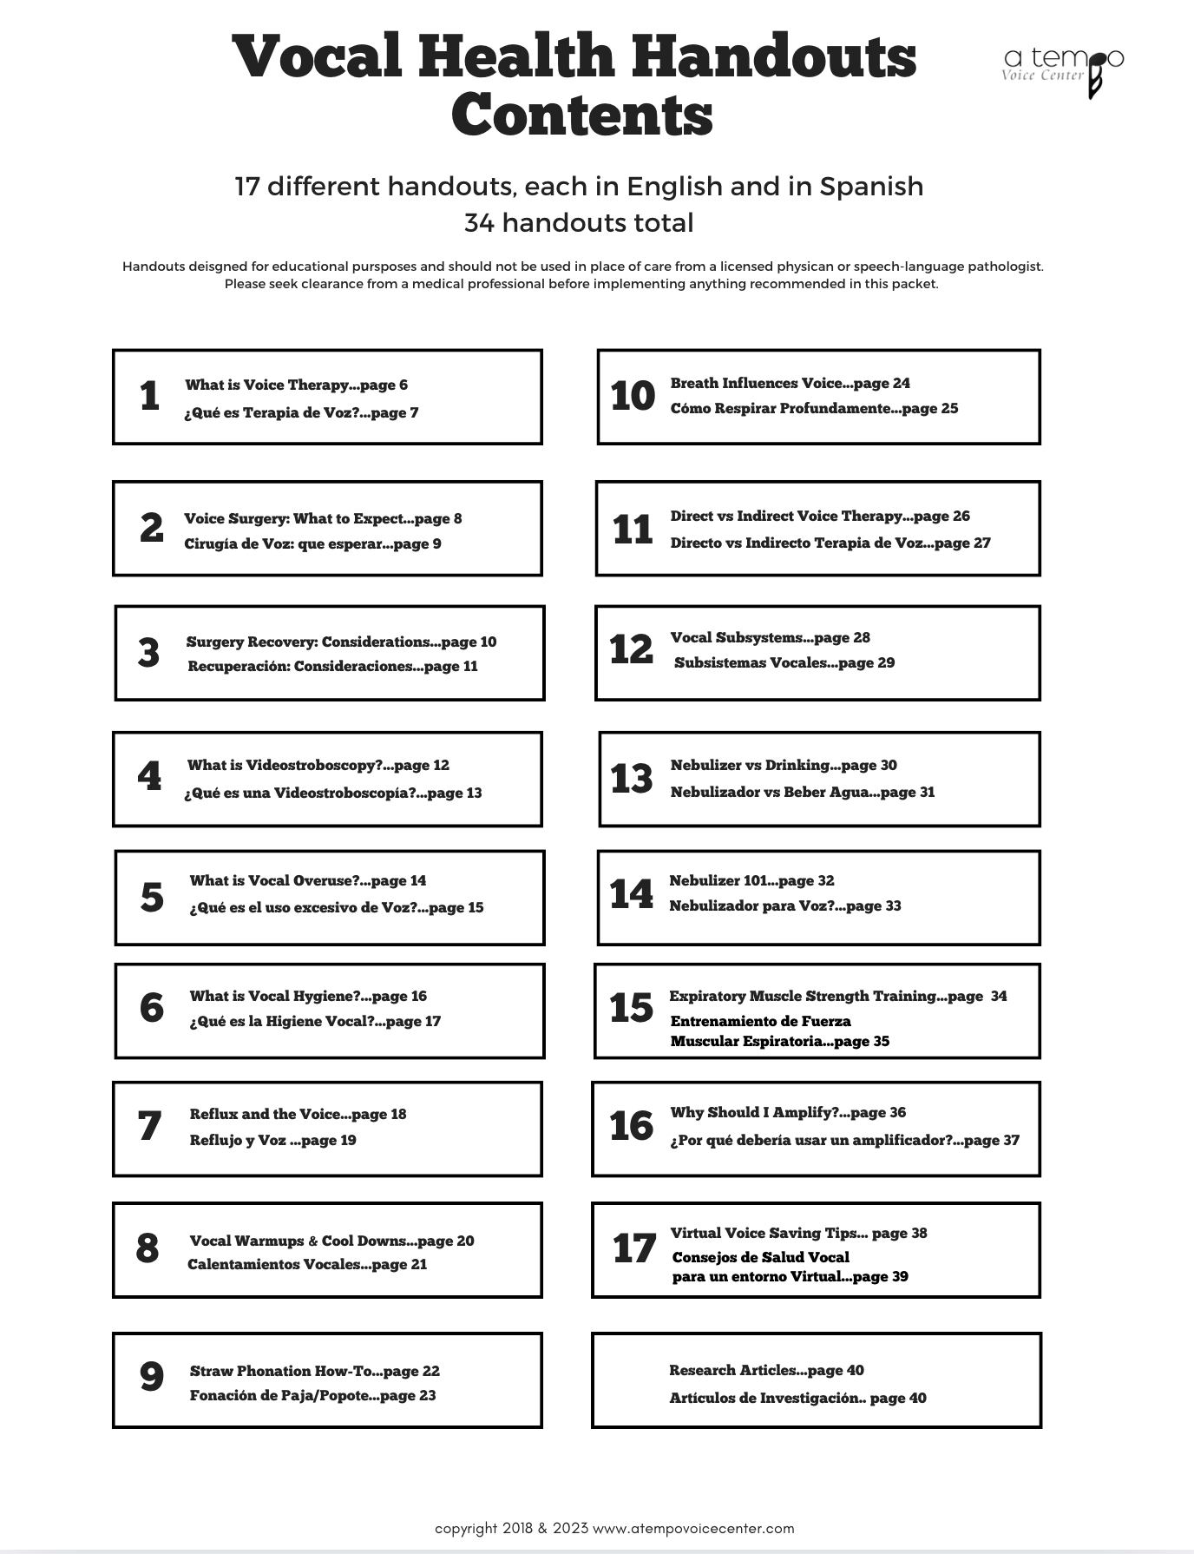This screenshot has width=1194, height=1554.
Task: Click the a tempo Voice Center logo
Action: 1063,69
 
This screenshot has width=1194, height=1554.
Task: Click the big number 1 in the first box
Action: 149,396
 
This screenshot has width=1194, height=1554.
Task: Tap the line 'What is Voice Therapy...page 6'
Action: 296,385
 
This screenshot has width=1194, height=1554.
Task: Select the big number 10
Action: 633,396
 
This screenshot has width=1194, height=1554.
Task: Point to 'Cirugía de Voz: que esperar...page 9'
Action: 312,543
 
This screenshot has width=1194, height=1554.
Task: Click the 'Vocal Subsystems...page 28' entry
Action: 770,637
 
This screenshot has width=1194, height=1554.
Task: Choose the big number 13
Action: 632,778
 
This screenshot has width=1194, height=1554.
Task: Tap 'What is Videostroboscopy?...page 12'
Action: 318,765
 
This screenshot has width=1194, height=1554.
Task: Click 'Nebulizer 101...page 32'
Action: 751,880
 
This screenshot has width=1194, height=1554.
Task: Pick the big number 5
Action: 152,897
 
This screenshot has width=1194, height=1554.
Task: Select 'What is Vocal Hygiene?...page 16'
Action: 308,996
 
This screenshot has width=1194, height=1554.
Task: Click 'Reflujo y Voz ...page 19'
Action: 272,1140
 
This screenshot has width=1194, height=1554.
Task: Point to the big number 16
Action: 631,1126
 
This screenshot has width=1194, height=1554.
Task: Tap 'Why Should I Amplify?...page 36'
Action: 788,1112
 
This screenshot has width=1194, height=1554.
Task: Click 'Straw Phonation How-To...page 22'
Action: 314,1371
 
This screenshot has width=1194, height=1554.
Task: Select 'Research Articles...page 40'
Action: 766,1370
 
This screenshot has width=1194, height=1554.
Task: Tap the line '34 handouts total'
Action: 579,223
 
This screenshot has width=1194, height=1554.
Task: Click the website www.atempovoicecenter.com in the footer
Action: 693,1528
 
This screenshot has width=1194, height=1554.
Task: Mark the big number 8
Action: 148,1248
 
